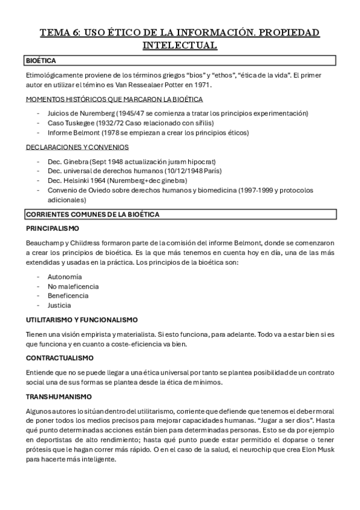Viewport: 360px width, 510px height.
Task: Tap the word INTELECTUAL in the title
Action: pyautogui.click(x=180, y=45)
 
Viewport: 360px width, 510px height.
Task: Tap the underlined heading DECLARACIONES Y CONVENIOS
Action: pyautogui.click(x=77, y=147)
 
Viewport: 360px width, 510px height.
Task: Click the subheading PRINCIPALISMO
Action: pyautogui.click(x=53, y=229)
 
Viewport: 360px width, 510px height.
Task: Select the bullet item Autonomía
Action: pyautogui.click(x=60, y=276)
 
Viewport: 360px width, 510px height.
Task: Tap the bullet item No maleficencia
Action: pyautogui.click(x=69, y=286)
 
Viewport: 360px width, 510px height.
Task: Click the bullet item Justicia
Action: pyautogui.click(x=59, y=305)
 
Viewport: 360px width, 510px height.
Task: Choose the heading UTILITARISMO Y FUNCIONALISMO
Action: pyautogui.click(x=82, y=319)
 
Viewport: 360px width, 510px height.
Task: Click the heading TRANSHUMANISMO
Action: pyautogui.click(x=59, y=396)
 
